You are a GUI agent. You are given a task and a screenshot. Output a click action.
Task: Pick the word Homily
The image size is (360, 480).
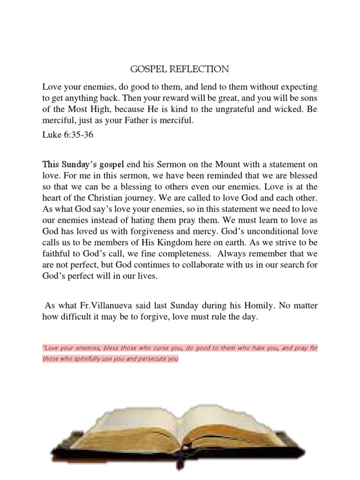261,306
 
